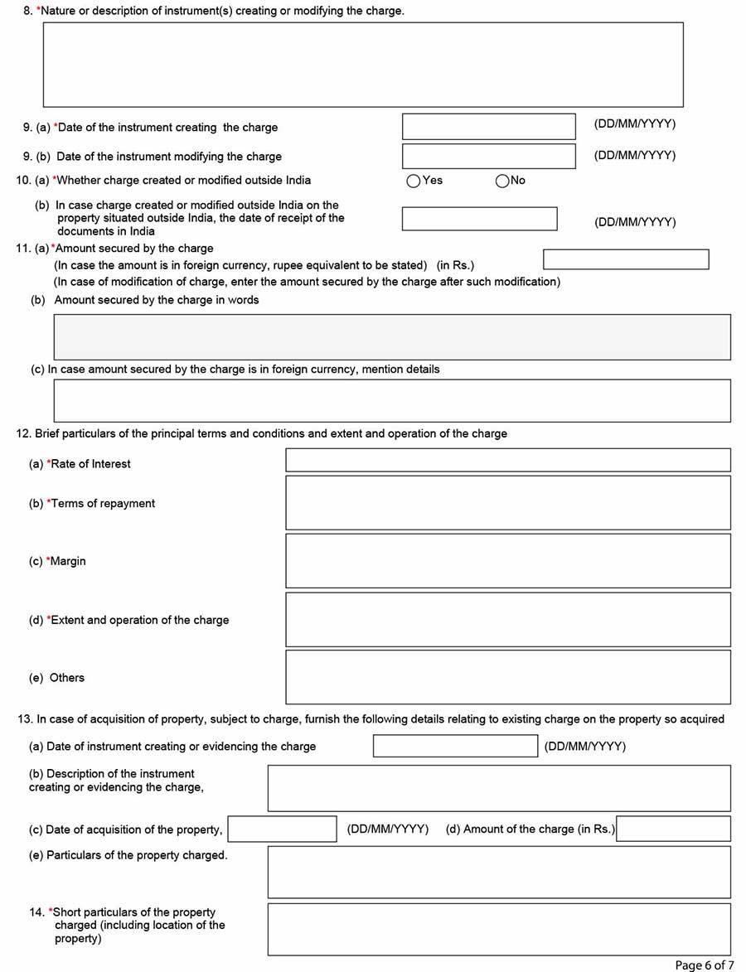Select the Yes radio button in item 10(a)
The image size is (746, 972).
click(x=414, y=181)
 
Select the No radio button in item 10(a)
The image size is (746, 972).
click(x=502, y=181)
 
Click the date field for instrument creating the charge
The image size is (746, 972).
click(x=488, y=127)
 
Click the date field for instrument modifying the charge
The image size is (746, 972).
click(x=488, y=156)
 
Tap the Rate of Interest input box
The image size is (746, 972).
click(x=507, y=460)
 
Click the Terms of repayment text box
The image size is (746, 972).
click(x=507, y=502)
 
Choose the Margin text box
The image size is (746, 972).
click(x=507, y=560)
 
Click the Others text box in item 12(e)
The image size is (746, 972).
click(x=507, y=677)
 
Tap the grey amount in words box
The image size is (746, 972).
click(x=391, y=336)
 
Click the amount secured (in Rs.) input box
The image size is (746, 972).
click(x=626, y=259)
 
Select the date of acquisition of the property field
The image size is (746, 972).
click(x=282, y=829)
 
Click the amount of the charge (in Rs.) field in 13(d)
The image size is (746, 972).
click(x=673, y=829)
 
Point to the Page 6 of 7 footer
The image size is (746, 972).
click(x=704, y=965)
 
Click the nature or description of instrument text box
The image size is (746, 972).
click(x=363, y=65)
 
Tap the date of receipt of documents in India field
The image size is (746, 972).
click(x=479, y=219)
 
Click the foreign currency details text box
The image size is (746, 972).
click(x=391, y=400)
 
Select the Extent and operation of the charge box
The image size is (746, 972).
click(x=507, y=619)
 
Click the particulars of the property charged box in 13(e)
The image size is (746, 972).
click(x=498, y=872)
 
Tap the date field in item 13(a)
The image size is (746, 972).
click(x=455, y=746)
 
